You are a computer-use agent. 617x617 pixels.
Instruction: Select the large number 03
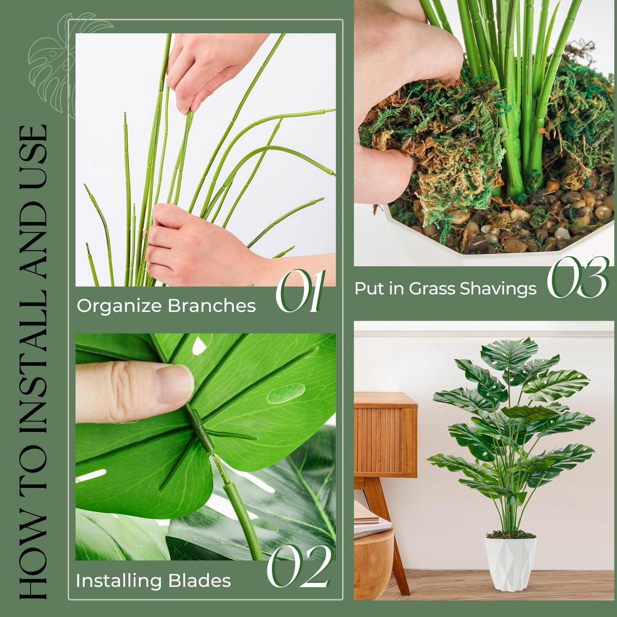pos(578,277)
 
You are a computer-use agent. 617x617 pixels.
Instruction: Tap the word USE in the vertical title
pos(33,153)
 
